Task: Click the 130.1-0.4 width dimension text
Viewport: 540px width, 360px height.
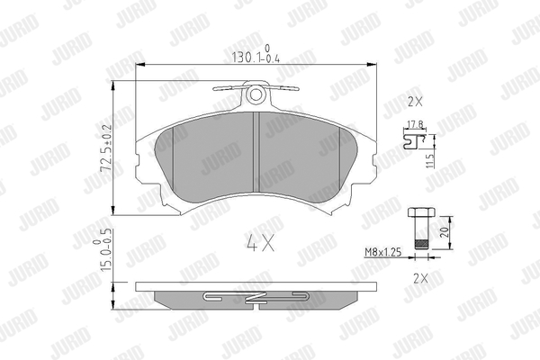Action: click(x=256, y=55)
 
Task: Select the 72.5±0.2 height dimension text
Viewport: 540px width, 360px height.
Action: click(x=106, y=148)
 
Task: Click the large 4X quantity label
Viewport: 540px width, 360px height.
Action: click(x=260, y=243)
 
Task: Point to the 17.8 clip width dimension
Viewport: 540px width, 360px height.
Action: click(x=416, y=124)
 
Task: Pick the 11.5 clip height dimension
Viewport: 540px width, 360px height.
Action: click(x=430, y=161)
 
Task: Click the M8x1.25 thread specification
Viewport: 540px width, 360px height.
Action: click(x=383, y=253)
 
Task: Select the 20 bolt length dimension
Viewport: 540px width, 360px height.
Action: click(x=445, y=232)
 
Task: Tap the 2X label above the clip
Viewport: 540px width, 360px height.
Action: click(x=415, y=102)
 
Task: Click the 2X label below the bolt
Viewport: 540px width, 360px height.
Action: click(x=420, y=278)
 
